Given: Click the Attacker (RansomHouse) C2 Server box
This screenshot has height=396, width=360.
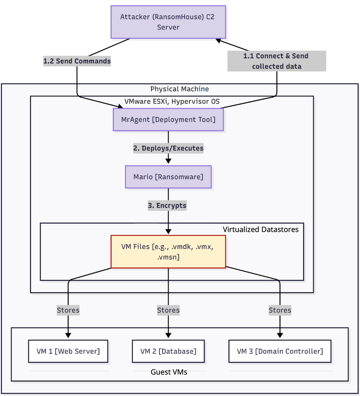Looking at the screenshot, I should [x=168, y=22].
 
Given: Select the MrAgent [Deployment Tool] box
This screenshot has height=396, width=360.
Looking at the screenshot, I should [x=168, y=119].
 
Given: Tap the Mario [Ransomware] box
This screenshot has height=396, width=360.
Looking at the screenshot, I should [x=168, y=177].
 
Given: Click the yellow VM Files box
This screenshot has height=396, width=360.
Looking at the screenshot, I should [x=168, y=252].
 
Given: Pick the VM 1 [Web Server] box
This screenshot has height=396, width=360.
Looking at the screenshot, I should [x=68, y=351].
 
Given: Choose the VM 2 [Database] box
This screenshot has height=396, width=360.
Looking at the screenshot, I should [x=168, y=351].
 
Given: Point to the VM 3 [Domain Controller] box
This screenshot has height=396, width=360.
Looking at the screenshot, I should [x=280, y=351].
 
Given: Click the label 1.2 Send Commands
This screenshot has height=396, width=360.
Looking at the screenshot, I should [x=77, y=61].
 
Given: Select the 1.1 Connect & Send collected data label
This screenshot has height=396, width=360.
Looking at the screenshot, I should [x=277, y=61].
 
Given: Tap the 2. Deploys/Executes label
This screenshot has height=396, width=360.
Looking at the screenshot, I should [x=168, y=148].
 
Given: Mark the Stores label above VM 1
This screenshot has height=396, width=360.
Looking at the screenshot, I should [x=68, y=310].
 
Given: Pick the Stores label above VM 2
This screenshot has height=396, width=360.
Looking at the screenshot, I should [x=168, y=310].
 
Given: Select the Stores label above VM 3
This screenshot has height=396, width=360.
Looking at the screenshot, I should [x=280, y=310].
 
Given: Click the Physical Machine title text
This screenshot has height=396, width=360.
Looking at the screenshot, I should [x=180, y=89].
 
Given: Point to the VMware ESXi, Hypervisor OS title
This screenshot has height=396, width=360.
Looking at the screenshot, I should [x=172, y=101].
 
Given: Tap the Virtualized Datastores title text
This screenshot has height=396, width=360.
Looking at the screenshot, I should [x=260, y=229].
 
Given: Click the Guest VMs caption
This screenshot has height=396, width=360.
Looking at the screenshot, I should [x=169, y=372].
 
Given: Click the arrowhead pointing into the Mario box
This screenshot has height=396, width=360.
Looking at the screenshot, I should [x=168, y=161].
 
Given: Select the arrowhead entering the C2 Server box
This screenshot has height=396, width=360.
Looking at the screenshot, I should [x=218, y=40].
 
